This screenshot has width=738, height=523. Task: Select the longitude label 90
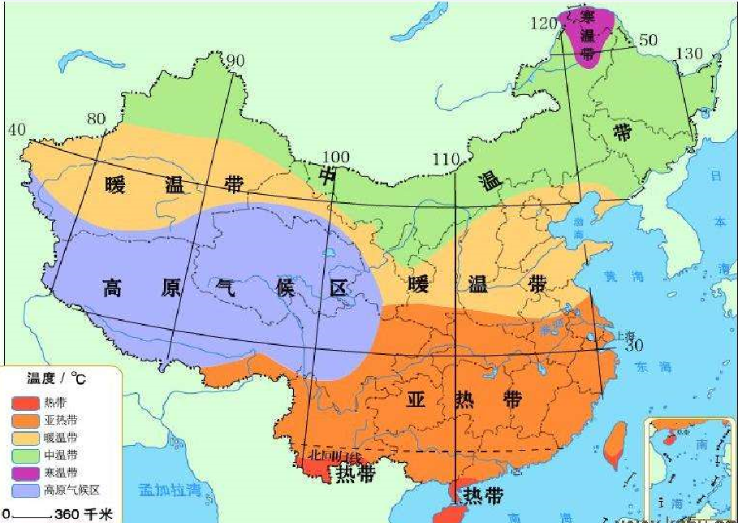tap(235, 61)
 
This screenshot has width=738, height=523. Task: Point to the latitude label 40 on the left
tap(17, 130)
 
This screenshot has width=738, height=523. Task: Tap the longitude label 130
tap(689, 54)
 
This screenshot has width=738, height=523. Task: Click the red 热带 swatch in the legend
tap(25, 403)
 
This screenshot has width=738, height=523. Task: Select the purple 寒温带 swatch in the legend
tap(25, 472)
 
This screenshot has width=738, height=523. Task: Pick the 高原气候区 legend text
tap(72, 490)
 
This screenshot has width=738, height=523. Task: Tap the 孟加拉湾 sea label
tap(168, 490)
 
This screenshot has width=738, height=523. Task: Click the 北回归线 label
tap(332, 456)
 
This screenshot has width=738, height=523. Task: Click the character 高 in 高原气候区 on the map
tap(112, 287)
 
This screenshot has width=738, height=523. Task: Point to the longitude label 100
tap(334, 157)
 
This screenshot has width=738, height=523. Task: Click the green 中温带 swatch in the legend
tap(25, 455)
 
